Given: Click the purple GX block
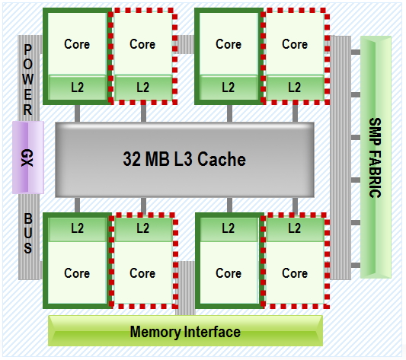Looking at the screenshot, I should tap(27, 158).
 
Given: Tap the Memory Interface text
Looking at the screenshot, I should tap(185, 332).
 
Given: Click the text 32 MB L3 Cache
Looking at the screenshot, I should tap(184, 160).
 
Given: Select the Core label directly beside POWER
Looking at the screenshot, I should tap(77, 44).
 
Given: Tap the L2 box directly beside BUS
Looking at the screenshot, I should tap(77, 228).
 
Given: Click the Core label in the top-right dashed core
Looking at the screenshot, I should tap(295, 44).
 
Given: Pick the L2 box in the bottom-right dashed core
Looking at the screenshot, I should tap(295, 228).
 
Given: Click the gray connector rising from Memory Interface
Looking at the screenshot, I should tap(185, 288).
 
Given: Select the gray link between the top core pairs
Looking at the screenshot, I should tap(185, 44).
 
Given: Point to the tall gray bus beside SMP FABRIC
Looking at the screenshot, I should tap(341, 158).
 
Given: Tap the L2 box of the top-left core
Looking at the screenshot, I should tap(77, 88).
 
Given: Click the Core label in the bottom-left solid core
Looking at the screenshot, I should tap(77, 272).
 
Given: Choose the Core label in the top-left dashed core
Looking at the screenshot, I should tap(142, 44).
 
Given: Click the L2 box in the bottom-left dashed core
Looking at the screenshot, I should tap(142, 228).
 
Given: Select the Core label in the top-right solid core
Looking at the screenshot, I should tap(229, 44).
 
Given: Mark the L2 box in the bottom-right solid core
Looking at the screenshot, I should tap(229, 228).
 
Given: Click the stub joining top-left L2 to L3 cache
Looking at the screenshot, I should tap(77, 113).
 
